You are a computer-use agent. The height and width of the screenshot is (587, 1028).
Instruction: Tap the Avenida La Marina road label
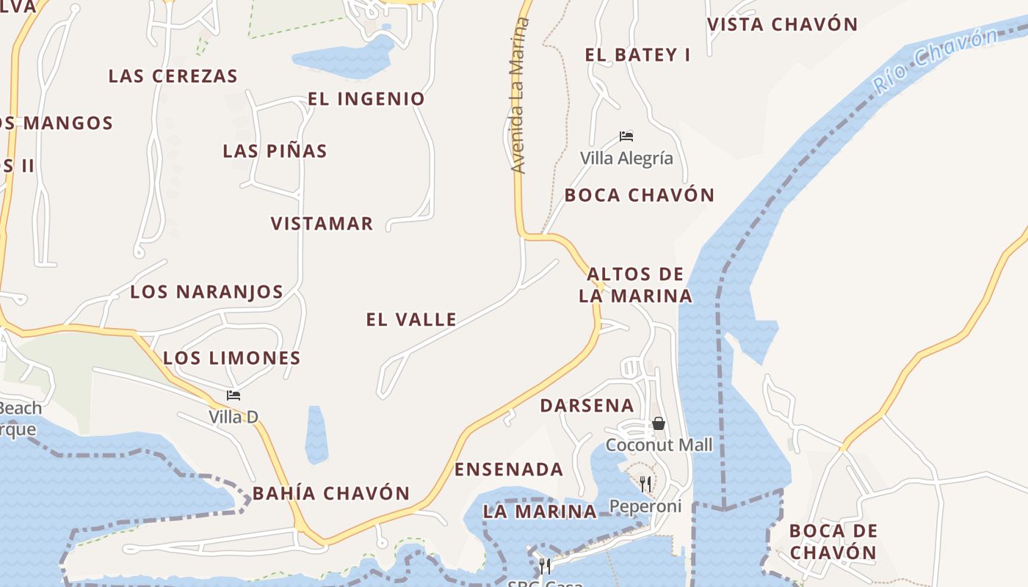tap(518, 95)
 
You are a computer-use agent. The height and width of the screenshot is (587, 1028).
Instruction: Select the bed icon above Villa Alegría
tap(626, 136)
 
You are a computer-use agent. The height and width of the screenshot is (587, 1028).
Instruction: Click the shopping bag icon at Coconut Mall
tap(659, 423)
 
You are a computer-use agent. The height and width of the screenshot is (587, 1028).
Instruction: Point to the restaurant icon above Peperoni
tap(645, 484)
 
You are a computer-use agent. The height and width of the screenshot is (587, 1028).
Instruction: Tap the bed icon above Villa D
tap(234, 395)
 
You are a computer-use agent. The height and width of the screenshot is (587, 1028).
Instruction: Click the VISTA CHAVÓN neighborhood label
tap(783, 24)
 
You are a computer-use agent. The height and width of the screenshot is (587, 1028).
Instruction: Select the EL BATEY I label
tap(637, 55)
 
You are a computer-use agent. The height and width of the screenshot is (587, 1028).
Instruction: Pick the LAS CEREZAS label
tap(173, 76)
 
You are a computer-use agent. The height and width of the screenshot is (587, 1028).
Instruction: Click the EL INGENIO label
tap(366, 99)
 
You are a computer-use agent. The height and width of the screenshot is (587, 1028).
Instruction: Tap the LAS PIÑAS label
tap(275, 151)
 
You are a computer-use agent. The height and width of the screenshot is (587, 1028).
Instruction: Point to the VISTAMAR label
tap(322, 224)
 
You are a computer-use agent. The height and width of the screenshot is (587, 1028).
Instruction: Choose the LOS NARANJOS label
tap(207, 292)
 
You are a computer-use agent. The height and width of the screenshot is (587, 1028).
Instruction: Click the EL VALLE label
tap(411, 320)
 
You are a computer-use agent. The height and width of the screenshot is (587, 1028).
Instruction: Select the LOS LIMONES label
tap(232, 358)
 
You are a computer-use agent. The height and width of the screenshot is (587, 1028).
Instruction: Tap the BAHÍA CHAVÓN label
tap(331, 493)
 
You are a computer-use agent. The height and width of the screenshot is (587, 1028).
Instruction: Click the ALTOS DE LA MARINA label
tap(636, 285)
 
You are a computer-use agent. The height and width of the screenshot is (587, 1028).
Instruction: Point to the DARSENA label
tap(587, 406)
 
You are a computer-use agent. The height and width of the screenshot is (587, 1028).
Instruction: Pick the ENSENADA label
tap(509, 470)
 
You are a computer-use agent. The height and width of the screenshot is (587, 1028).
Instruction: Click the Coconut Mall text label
tap(659, 445)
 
